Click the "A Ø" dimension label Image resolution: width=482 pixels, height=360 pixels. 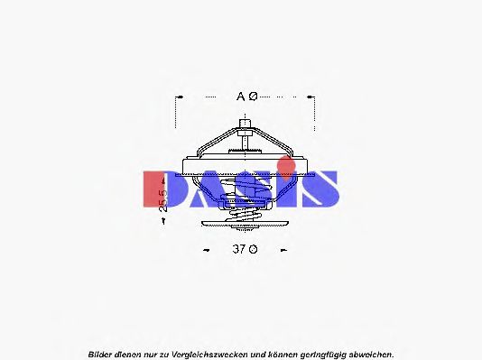coord(246,96)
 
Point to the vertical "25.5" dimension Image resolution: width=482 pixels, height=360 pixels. coord(163,200)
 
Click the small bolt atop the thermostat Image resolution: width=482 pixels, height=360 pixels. coord(244,124)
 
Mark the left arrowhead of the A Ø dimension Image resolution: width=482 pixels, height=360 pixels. coord(181,96)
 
